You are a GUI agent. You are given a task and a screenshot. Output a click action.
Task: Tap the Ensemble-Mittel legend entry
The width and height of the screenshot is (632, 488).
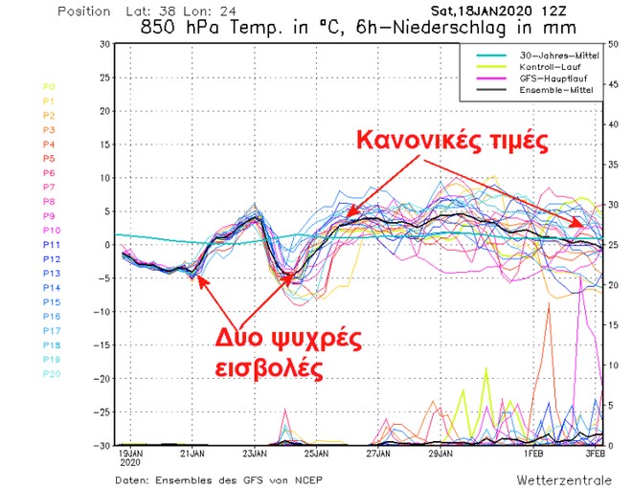[553, 90]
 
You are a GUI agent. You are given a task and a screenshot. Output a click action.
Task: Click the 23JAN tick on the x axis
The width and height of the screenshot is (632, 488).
[253, 452]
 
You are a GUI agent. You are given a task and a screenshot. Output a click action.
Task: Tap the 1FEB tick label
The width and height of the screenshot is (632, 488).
[533, 452]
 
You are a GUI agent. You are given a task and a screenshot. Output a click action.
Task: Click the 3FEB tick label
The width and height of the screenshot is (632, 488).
[595, 452]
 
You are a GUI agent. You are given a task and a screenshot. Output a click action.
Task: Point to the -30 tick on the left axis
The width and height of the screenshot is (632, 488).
[99, 445]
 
